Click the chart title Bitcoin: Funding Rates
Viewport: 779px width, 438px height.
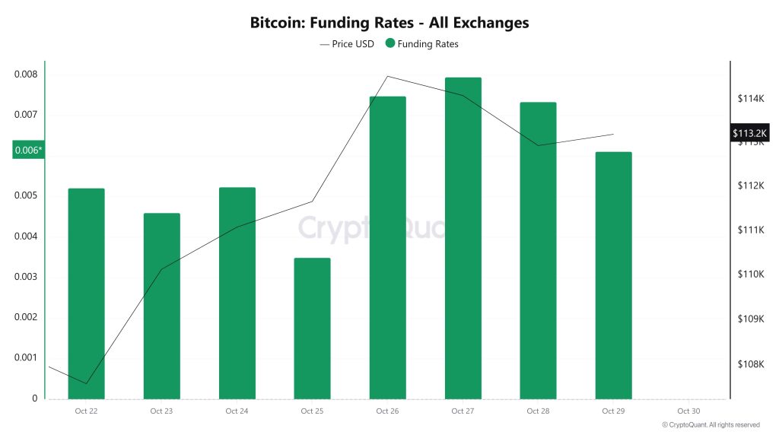389,23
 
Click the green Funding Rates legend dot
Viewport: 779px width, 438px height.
390,44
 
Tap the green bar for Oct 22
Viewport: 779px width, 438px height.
86,293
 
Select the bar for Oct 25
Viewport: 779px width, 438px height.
312,328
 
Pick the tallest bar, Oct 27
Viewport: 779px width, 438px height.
463,237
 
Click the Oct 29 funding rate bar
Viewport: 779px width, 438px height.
613,275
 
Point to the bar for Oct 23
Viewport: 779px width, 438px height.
161,306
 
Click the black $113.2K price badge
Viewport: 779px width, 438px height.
750,134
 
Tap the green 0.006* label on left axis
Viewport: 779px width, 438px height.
29,151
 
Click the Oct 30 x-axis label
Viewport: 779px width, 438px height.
688,411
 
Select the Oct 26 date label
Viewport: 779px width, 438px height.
387,411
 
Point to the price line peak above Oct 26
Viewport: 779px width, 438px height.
388,76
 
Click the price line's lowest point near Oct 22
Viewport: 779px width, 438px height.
86,383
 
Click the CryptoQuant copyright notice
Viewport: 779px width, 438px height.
711,425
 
